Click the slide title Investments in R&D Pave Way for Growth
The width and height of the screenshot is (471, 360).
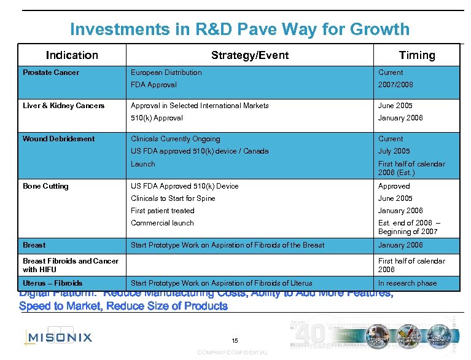click(239, 29)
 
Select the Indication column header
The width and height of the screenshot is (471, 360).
click(72, 55)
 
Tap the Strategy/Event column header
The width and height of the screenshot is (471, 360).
click(249, 55)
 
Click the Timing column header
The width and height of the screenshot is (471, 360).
click(416, 55)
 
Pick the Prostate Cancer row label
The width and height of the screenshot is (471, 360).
click(51, 72)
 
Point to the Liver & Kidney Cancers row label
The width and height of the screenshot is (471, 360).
click(63, 106)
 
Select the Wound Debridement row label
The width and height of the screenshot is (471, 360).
click(58, 139)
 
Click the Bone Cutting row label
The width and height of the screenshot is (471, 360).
click(45, 186)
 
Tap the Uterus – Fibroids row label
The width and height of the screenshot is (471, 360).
click(52, 283)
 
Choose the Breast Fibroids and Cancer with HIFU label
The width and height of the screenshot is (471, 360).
click(70, 265)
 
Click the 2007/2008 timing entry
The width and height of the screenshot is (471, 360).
click(395, 85)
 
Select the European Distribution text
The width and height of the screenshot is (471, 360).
click(166, 72)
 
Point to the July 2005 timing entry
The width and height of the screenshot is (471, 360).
click(394, 151)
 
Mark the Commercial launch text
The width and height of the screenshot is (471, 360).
click(162, 223)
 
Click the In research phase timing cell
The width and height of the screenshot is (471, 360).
click(407, 283)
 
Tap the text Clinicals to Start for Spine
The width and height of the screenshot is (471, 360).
click(173, 198)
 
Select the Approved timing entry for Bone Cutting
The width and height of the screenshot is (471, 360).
click(394, 186)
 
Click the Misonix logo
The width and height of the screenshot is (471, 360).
click(58, 336)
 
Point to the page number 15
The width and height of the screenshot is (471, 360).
click(235, 340)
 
